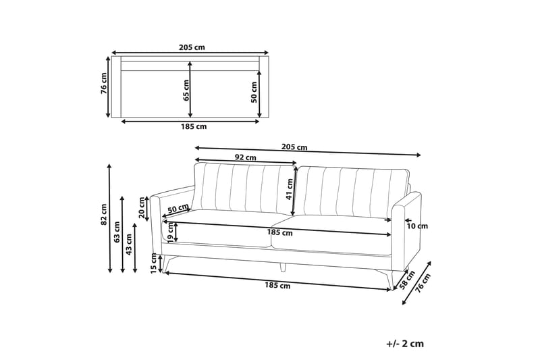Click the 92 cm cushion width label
(246, 157)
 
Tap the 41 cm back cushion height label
(290, 189)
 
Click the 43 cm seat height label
(129, 245)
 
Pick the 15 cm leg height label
(154, 263)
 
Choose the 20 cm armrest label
(142, 208)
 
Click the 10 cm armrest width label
(417, 226)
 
